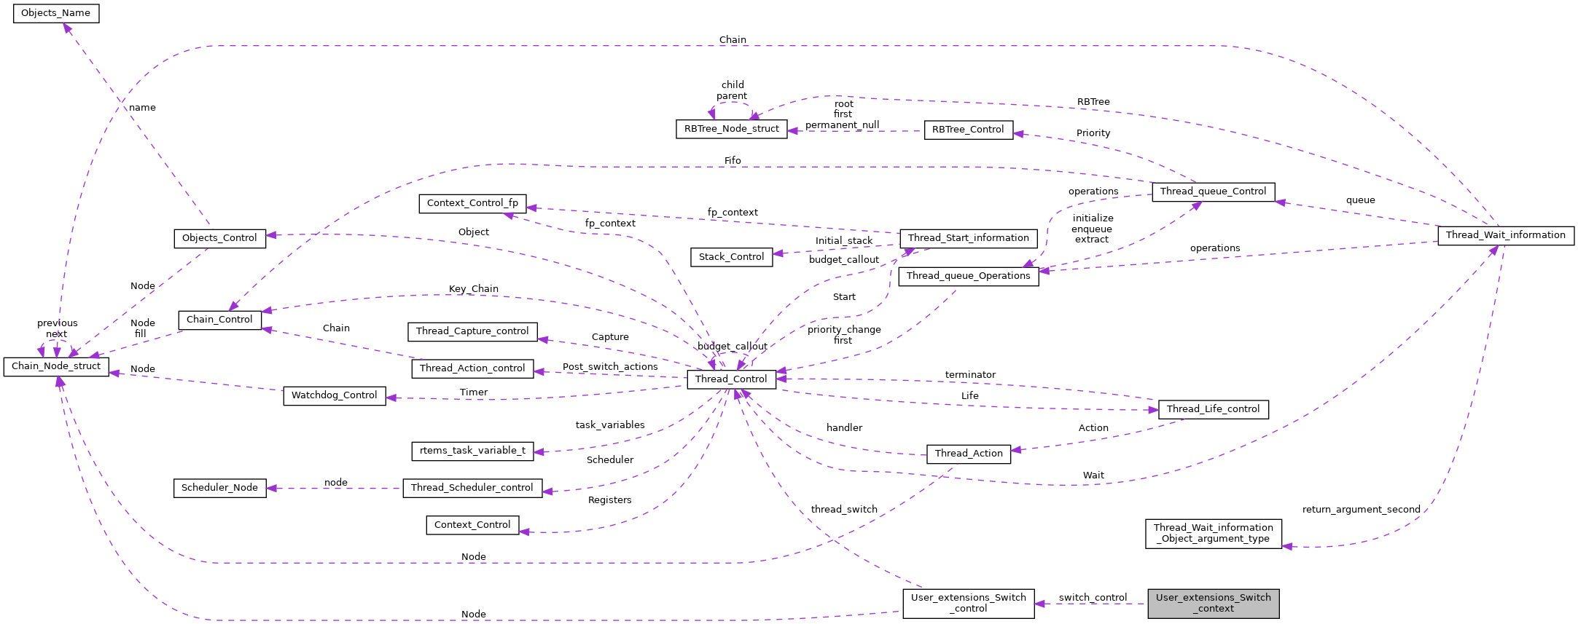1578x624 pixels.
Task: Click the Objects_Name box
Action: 56,13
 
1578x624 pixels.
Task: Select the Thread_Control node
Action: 730,379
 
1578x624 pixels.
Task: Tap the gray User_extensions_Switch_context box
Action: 1213,603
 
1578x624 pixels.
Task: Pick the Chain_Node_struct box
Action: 56,366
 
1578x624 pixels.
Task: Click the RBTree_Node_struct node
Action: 731,129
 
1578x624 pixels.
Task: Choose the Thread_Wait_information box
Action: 1505,235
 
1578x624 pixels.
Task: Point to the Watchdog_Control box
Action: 334,395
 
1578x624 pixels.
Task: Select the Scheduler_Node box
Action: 219,488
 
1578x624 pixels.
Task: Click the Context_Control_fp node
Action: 472,203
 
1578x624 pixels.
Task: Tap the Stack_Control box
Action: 731,257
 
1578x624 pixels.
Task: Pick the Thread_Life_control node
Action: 1213,409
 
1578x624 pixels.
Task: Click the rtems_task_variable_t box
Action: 472,451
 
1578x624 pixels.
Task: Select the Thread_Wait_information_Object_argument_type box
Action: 1213,533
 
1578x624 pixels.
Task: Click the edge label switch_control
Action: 1093,597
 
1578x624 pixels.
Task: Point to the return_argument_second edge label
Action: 1361,510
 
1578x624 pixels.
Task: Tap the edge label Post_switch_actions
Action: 610,367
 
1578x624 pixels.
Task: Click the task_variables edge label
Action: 610,425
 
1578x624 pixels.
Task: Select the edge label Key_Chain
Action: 473,289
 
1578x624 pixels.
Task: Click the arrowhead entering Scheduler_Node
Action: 272,488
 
